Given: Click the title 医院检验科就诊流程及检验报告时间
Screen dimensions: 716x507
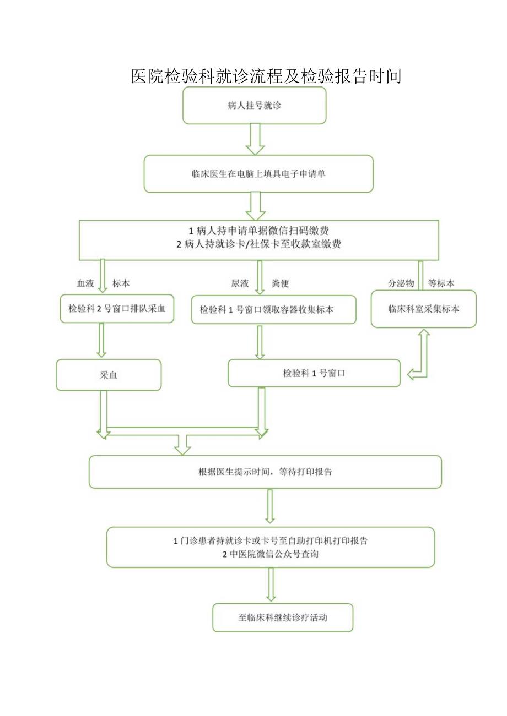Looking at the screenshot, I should (x=266, y=76).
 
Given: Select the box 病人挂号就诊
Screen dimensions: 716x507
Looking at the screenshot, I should (x=254, y=106).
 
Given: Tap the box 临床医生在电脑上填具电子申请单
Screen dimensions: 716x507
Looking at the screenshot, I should (x=258, y=174).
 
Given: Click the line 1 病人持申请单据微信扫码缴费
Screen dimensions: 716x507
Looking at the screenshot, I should (x=259, y=230).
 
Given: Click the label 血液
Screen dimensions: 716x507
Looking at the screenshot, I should (x=85, y=283).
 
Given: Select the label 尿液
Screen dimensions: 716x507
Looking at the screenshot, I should (x=240, y=283).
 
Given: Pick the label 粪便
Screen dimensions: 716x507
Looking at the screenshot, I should (x=280, y=283).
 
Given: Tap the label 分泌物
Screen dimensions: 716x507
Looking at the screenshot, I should (x=401, y=283).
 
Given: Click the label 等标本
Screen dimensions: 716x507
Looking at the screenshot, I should (x=441, y=283).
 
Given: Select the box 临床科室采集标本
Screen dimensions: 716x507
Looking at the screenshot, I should (x=423, y=309).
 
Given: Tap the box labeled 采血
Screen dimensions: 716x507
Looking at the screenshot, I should (x=109, y=375).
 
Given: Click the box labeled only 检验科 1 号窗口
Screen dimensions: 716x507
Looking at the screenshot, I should (x=314, y=373).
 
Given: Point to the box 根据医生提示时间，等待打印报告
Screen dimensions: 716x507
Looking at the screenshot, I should (x=265, y=472).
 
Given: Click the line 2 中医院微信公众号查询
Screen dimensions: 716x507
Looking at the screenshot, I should (x=270, y=555).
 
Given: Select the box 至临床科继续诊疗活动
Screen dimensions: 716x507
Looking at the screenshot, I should (x=283, y=617).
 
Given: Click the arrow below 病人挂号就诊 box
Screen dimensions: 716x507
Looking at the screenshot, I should (x=255, y=139).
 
